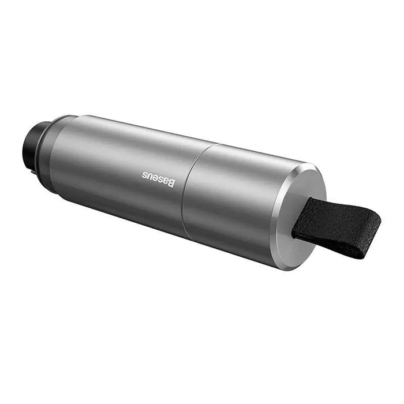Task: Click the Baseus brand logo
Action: coord(158,179)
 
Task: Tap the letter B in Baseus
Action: coord(170,183)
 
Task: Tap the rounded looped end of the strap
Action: coord(372,222)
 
